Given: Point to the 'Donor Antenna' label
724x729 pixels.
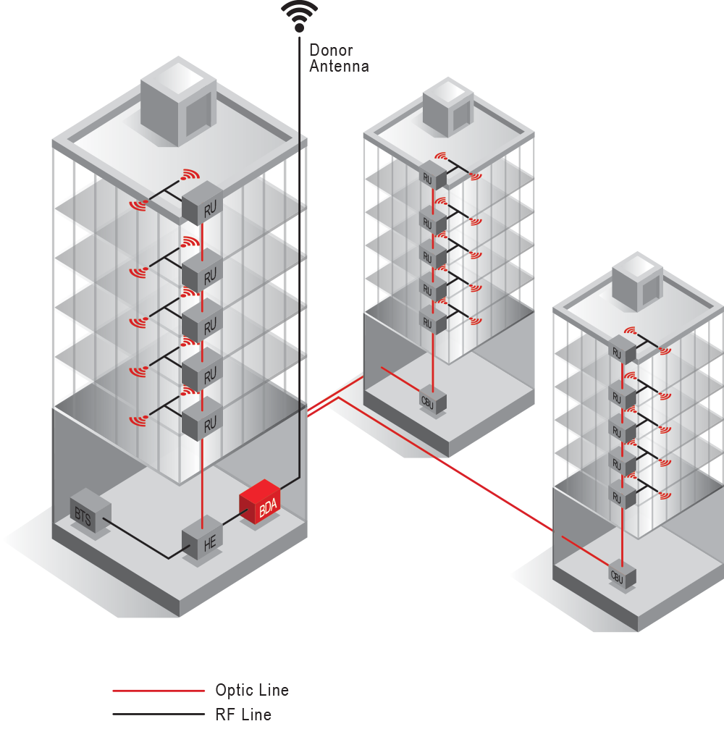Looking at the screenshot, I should coord(339,58).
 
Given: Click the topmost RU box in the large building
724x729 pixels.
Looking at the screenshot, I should coord(201,206).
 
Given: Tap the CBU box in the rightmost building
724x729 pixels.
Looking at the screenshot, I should coord(622,576).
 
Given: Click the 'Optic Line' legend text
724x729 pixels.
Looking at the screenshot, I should coord(251,690).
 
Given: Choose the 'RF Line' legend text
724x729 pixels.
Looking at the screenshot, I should coord(243,715).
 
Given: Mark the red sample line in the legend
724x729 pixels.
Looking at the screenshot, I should coord(159,691).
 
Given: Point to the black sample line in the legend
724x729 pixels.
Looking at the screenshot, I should coord(159,715).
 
